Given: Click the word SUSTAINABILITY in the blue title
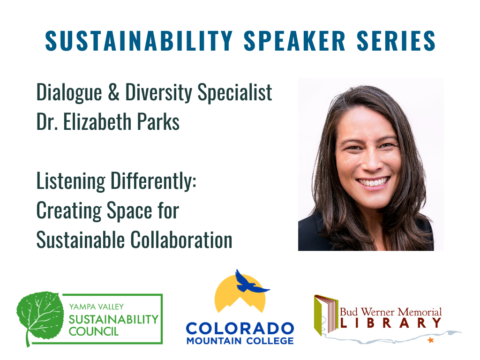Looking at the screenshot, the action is [x=139, y=40].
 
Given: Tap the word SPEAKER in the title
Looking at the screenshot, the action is [x=295, y=40].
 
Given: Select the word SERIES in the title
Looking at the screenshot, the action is [x=396, y=40].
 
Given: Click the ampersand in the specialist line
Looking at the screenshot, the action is [x=113, y=92].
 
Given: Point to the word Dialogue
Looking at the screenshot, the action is [x=69, y=93].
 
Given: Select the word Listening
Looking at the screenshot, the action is [x=71, y=181].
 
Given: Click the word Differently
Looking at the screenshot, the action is [x=153, y=181].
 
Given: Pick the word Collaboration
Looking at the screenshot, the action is [x=181, y=240].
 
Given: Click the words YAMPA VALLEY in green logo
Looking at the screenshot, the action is [x=97, y=307].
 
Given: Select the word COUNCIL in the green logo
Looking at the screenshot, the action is [x=93, y=331].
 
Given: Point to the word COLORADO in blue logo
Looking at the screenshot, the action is [x=240, y=329].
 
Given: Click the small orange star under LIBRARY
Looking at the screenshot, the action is [x=431, y=340].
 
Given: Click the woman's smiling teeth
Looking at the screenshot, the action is [x=373, y=182].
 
